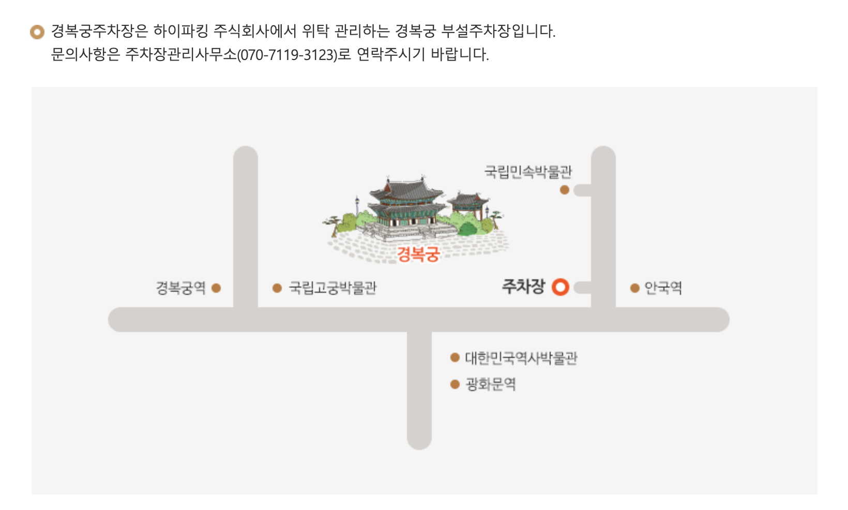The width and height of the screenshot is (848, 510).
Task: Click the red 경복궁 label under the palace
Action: click(x=418, y=254)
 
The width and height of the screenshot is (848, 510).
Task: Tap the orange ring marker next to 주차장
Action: click(x=560, y=287)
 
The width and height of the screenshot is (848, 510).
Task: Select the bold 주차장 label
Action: click(x=523, y=286)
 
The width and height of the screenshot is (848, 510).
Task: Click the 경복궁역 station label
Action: click(x=180, y=288)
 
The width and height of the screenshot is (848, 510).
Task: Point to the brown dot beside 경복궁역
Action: click(x=216, y=288)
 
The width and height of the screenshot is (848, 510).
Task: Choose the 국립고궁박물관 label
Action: click(x=332, y=288)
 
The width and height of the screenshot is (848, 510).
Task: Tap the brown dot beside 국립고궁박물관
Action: click(x=277, y=288)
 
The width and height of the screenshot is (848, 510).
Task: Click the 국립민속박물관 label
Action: click(x=528, y=172)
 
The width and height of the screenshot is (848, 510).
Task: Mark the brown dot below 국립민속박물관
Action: click(x=565, y=190)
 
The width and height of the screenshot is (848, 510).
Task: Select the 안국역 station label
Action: click(x=663, y=288)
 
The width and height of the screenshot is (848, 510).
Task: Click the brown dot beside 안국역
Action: click(x=635, y=288)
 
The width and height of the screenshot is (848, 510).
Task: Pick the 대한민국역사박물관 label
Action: click(x=521, y=358)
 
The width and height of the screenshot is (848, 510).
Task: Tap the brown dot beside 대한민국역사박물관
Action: click(x=455, y=357)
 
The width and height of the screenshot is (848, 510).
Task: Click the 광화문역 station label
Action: click(x=491, y=384)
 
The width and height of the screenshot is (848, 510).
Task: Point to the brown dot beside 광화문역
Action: click(x=455, y=384)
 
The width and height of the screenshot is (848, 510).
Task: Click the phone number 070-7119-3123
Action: click(x=287, y=55)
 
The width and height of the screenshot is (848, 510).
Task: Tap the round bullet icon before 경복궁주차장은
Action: click(x=37, y=32)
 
